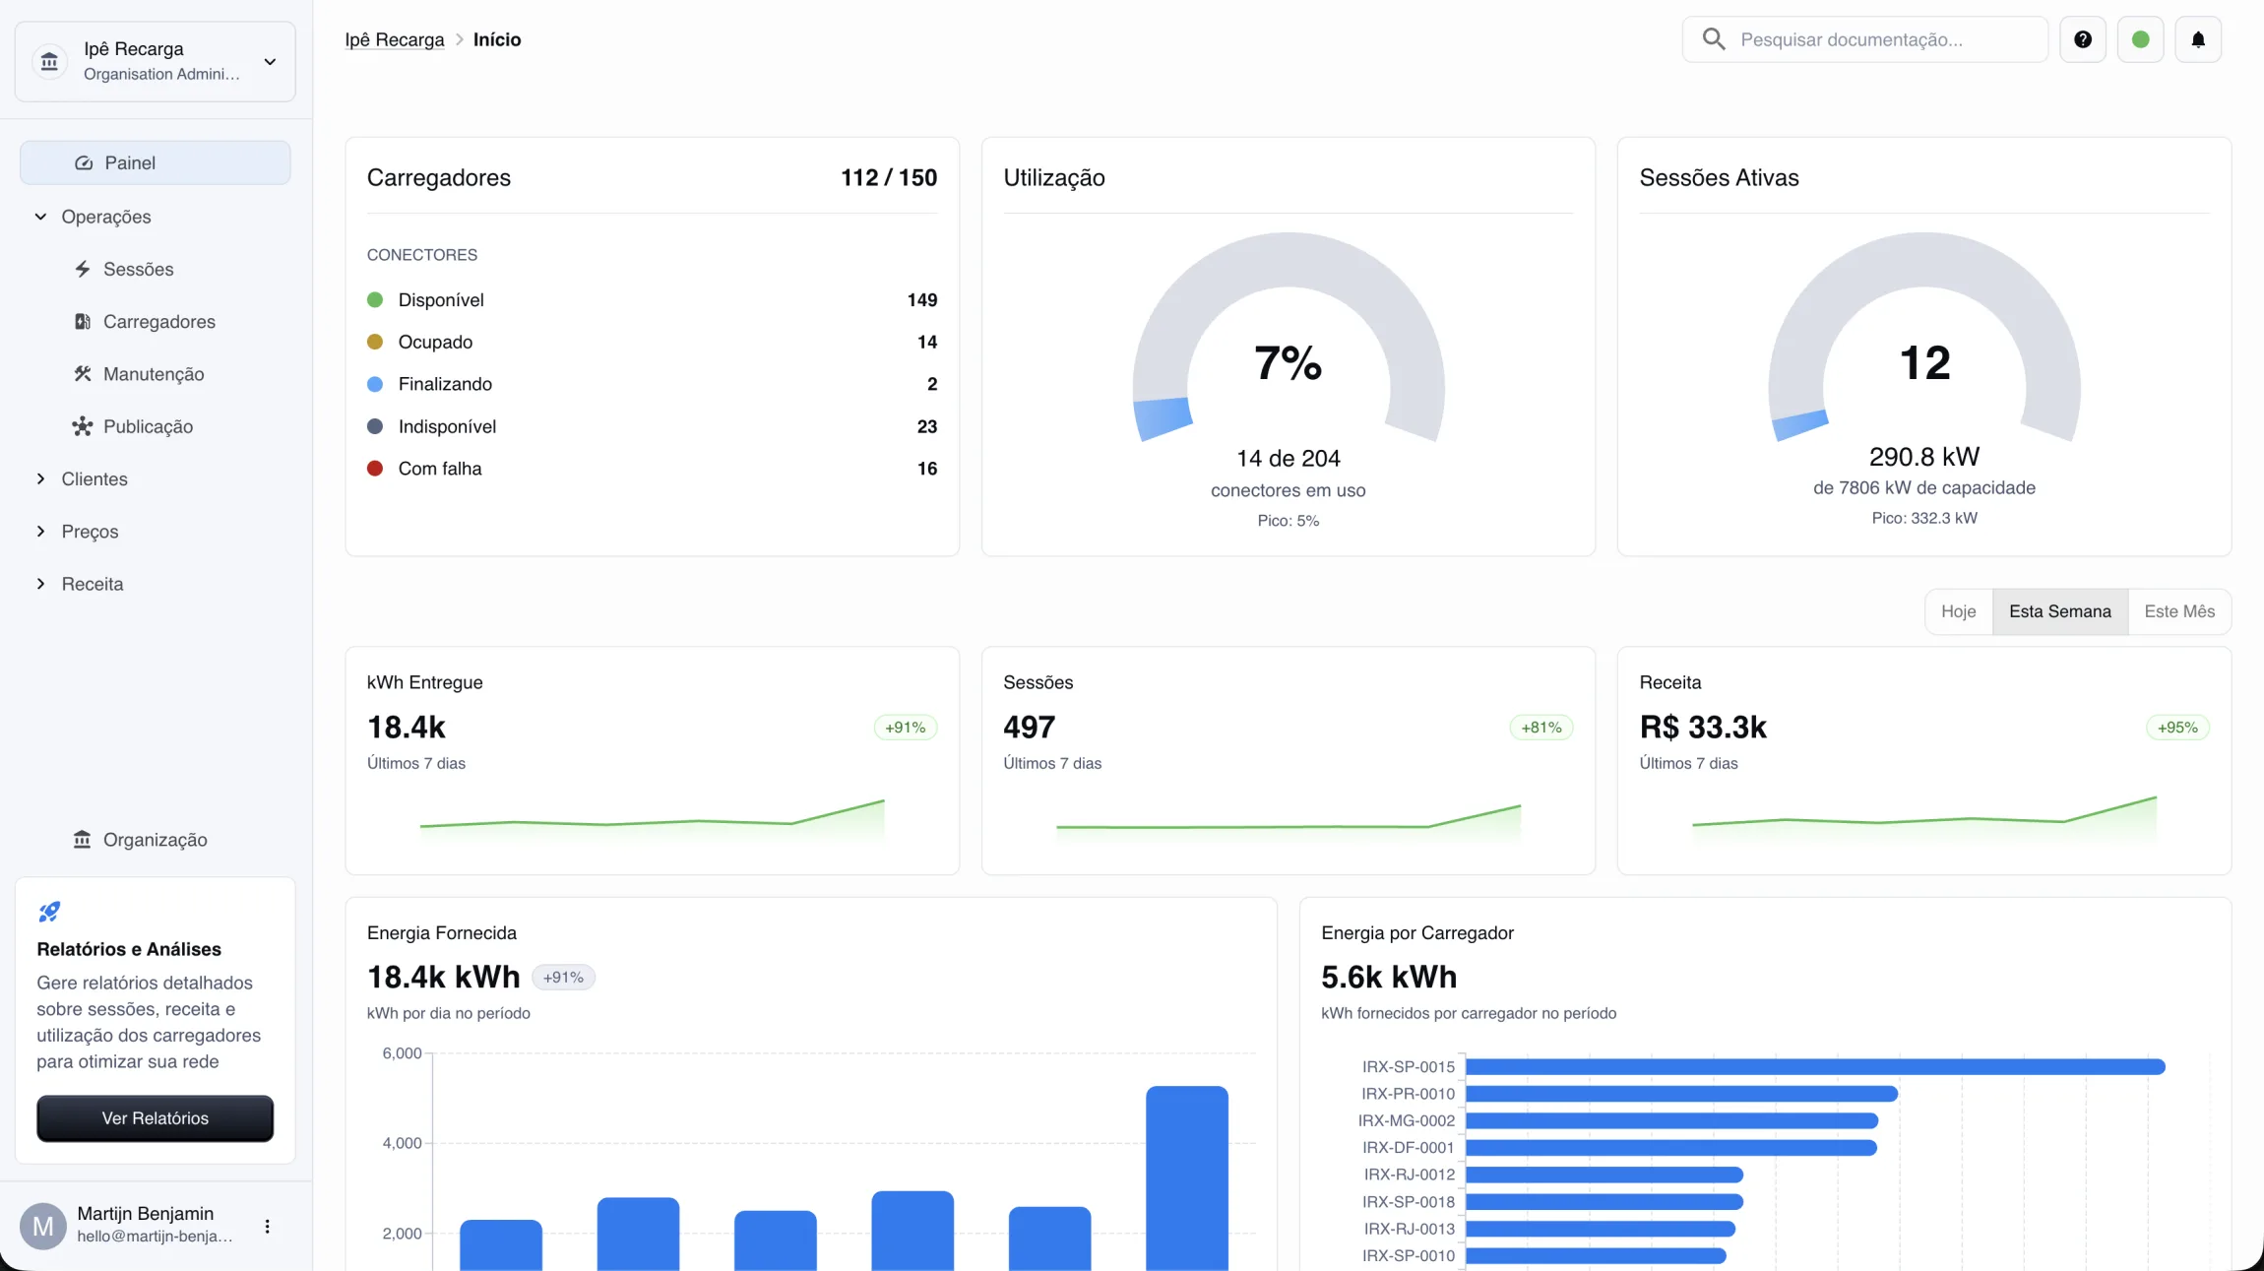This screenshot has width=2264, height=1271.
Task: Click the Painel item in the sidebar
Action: pyautogui.click(x=155, y=162)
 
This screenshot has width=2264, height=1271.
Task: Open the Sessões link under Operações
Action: pyautogui.click(x=138, y=269)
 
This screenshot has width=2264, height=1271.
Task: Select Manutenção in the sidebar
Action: pyautogui.click(x=153, y=374)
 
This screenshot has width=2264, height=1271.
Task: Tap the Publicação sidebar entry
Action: pyautogui.click(x=148, y=426)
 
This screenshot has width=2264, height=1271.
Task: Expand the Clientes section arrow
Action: pyautogui.click(x=40, y=478)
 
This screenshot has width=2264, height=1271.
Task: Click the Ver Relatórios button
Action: pyautogui.click(x=155, y=1118)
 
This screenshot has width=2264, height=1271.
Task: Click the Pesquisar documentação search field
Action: pyautogui.click(x=1864, y=39)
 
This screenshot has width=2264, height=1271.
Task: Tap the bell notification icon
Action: pyautogui.click(x=2197, y=39)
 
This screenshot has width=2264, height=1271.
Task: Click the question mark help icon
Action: pyautogui.click(x=2082, y=39)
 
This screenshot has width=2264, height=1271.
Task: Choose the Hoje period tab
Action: pyautogui.click(x=1958, y=611)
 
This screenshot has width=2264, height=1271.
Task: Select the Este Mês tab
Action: pyautogui.click(x=2179, y=611)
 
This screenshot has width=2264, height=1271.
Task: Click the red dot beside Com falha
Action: pyautogui.click(x=375, y=469)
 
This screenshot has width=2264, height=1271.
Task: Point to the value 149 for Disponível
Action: pyautogui.click(x=922, y=300)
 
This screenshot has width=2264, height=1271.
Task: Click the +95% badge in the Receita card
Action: pyautogui.click(x=2177, y=728)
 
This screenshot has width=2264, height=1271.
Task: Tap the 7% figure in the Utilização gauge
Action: pyautogui.click(x=1288, y=363)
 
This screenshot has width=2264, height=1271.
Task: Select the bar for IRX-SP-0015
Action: pyautogui.click(x=1815, y=1066)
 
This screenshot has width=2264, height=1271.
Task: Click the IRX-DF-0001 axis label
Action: pyautogui.click(x=1408, y=1148)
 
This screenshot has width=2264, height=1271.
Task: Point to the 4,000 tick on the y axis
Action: pyautogui.click(x=402, y=1143)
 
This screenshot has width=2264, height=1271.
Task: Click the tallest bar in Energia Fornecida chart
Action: pyautogui.click(x=1186, y=1177)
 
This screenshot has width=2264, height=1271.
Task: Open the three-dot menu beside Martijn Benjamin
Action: pyautogui.click(x=267, y=1227)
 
